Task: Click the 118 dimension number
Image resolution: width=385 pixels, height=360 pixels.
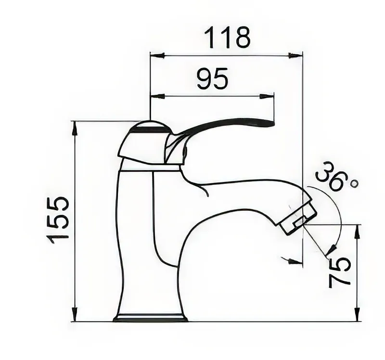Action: pos(227,38)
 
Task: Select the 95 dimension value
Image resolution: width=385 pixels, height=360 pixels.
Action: pos(213,78)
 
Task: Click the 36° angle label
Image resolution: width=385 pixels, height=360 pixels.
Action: pos(336,176)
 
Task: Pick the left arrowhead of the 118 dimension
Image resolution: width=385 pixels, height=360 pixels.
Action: pos(157,55)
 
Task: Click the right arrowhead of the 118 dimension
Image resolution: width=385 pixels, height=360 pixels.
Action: pos(295,55)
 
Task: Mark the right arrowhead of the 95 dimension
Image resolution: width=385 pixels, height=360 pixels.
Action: pos(267,96)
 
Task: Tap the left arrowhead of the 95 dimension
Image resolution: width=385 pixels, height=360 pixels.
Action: pos(157,96)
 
